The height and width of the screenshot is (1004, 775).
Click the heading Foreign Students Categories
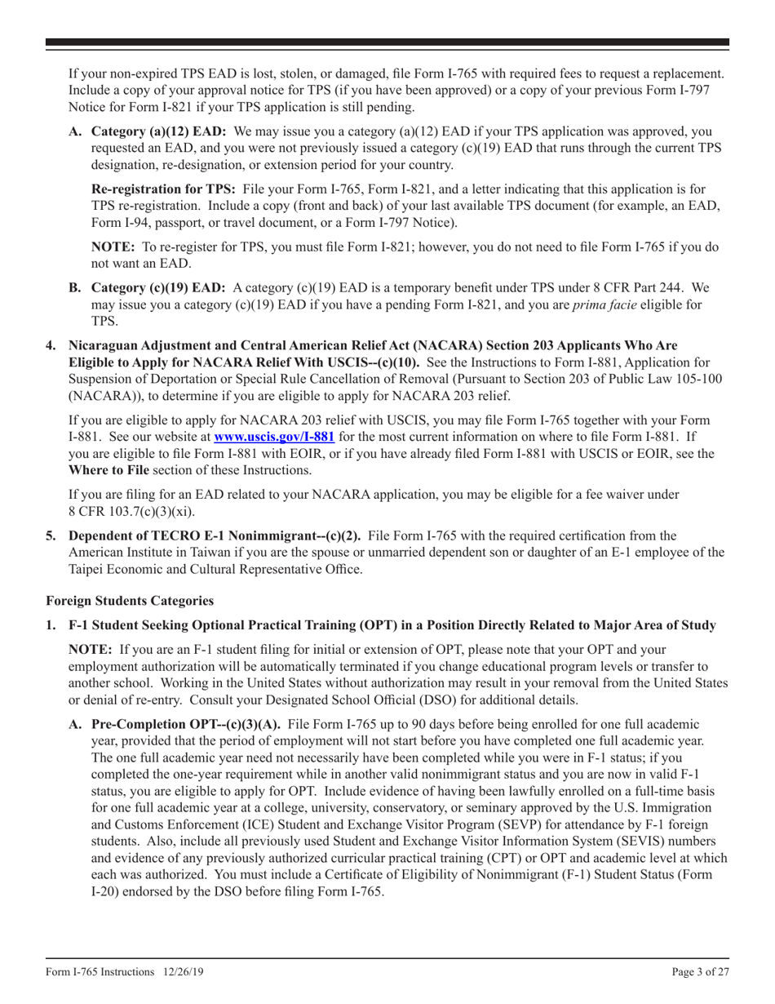(x=130, y=601)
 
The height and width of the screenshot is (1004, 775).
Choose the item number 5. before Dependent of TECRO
(x=51, y=535)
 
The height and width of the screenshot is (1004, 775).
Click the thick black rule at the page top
(x=387, y=42)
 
